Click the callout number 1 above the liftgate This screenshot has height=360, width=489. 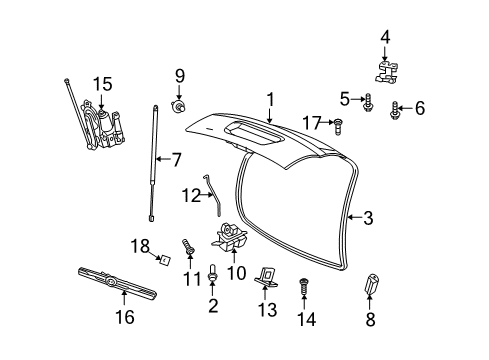tap(269, 99)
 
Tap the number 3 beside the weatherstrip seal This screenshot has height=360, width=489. tap(368, 217)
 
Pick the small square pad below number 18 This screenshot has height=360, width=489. tap(161, 263)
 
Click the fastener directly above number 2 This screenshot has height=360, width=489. tap(214, 271)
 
